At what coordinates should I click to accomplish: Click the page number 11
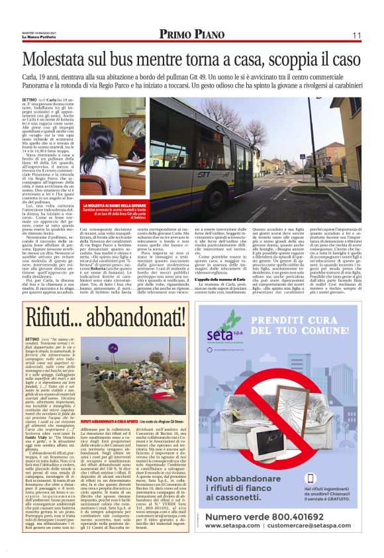(x=356, y=34)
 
